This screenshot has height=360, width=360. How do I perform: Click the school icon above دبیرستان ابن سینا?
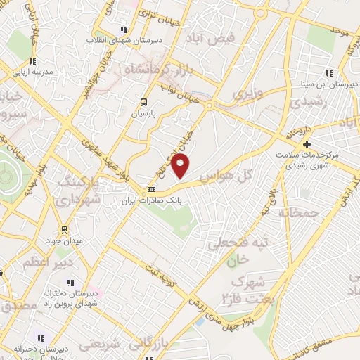coord(328,74)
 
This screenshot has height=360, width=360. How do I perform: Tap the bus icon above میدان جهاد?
coord(64,230)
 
